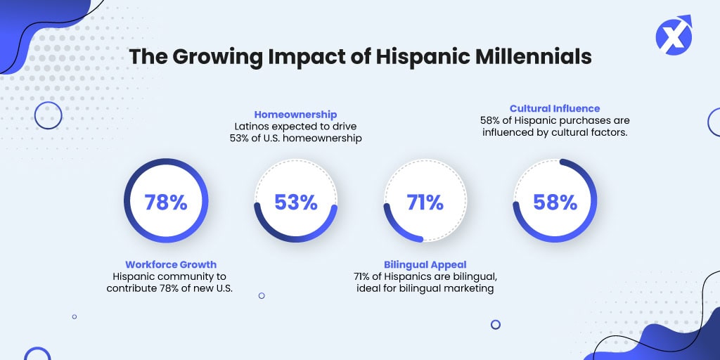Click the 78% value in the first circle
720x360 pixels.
pos(166,202)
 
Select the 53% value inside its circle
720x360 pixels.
pos(295,202)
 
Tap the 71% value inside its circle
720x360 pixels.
pos(425,202)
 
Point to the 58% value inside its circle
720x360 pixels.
pos(555,202)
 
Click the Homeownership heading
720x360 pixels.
pos(295,114)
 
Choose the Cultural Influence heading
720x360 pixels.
pos(555,108)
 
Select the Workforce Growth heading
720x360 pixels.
pos(171,264)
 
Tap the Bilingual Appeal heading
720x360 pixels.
pos(425,264)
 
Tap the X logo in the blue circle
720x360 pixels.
pos(673,36)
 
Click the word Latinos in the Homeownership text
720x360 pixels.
pos(252,127)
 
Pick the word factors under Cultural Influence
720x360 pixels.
pos(607,132)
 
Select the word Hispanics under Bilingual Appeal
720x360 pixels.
pos(407,276)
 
